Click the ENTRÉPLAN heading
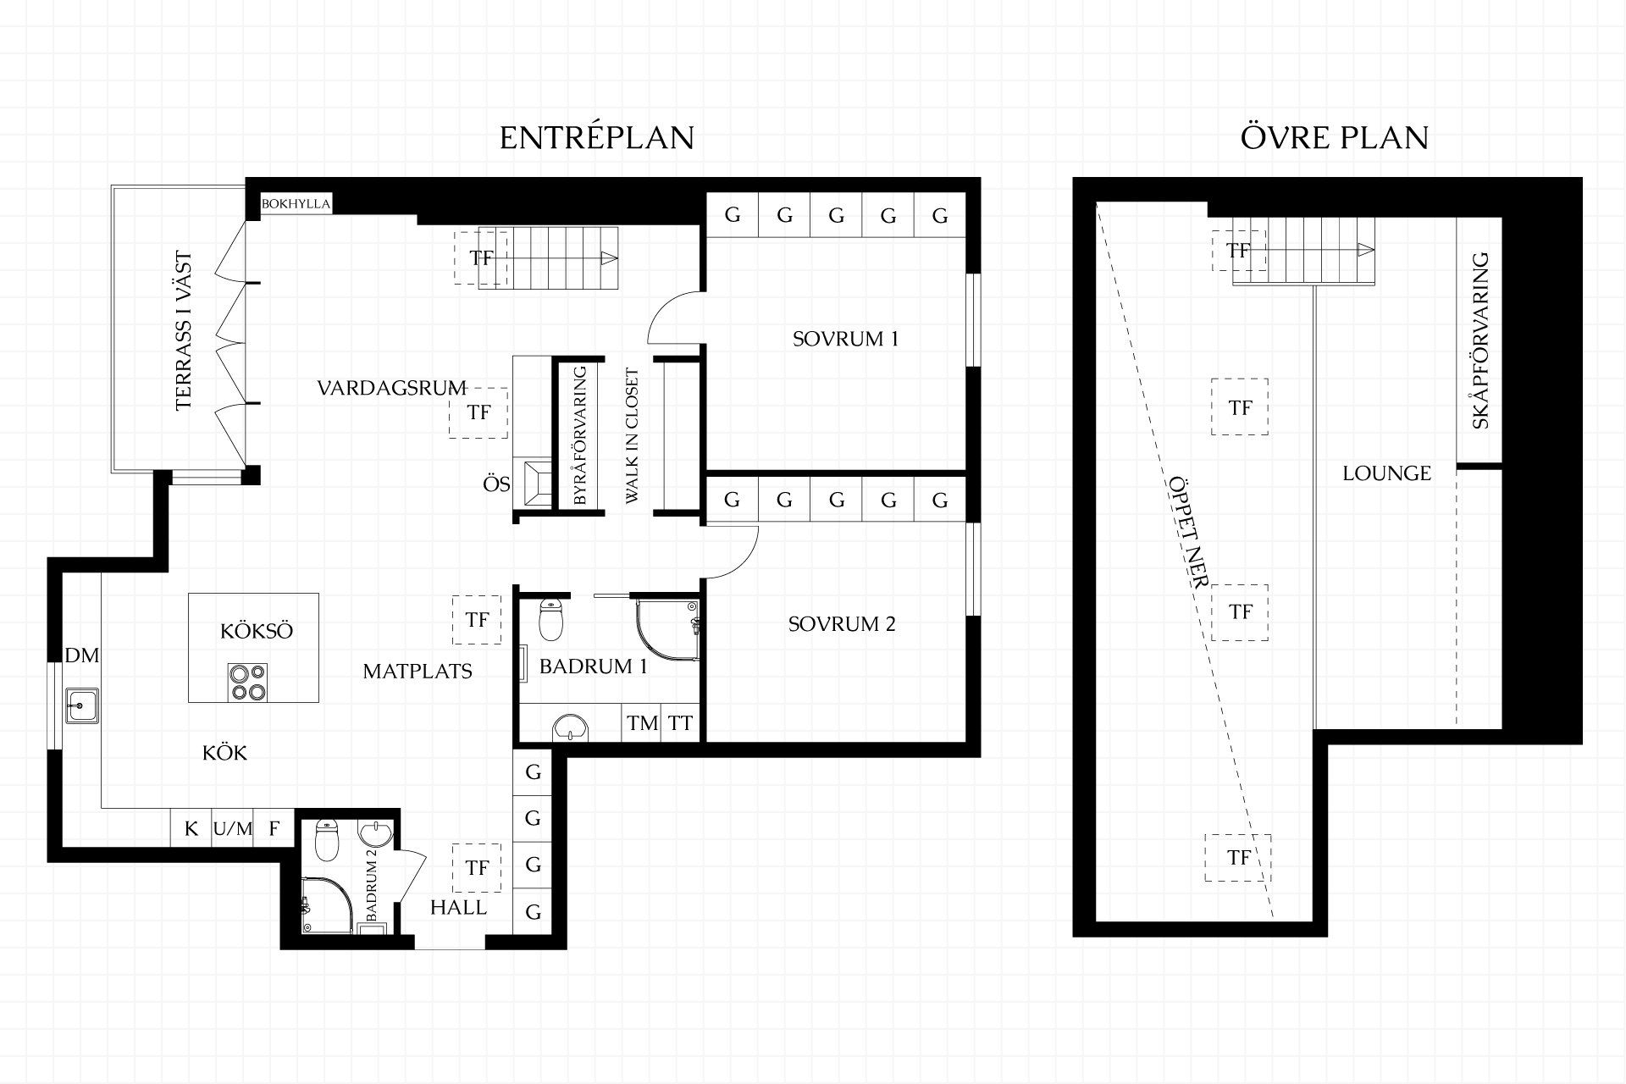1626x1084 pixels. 597,137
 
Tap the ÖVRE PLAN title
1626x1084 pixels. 1335,137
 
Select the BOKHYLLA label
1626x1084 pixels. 296,204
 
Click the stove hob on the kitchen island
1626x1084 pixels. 247,682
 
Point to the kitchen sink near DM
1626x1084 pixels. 82,705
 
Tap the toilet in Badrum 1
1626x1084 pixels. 551,620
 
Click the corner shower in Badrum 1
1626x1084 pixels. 668,631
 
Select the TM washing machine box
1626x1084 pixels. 642,723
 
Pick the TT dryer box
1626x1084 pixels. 681,723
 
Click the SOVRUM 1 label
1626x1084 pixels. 845,339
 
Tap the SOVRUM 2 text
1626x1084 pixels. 841,624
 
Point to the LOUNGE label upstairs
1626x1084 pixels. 1386,473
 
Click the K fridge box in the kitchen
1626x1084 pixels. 191,828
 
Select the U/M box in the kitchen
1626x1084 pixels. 232,828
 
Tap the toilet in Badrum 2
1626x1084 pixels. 327,838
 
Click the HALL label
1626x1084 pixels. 458,908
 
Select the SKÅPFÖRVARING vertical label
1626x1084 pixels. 1480,340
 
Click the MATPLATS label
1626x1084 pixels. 418,672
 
